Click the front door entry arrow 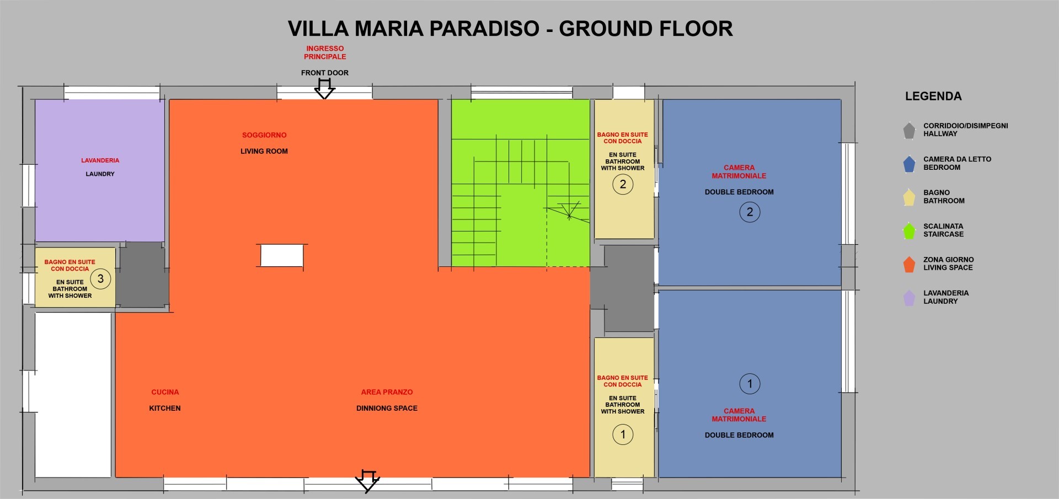(x=324, y=89)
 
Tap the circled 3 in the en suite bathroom (x=100, y=278)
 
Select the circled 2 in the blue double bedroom (x=750, y=212)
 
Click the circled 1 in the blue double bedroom (x=750, y=384)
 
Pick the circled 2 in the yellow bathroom (x=623, y=184)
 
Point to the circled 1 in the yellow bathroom (x=623, y=434)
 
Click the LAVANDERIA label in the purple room (x=100, y=160)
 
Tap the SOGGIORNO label (x=264, y=135)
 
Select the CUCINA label (x=165, y=392)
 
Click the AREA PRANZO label (x=387, y=392)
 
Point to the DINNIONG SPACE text (x=387, y=408)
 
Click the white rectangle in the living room (x=282, y=256)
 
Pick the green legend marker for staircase (x=909, y=230)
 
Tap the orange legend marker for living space (x=909, y=264)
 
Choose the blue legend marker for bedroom (x=909, y=164)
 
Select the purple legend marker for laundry (x=909, y=298)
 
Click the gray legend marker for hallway (x=909, y=130)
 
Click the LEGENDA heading (x=933, y=96)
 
